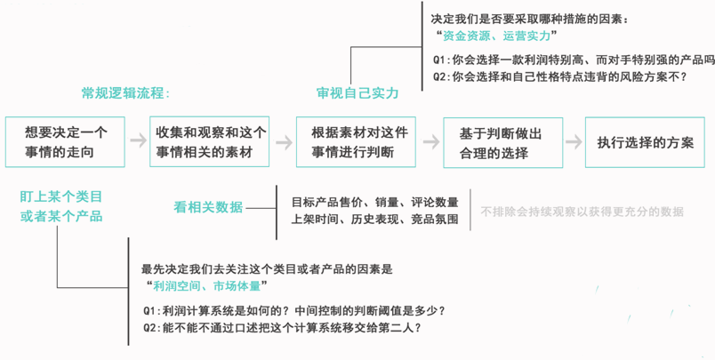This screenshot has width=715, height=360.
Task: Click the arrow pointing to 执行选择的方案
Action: click(574, 141)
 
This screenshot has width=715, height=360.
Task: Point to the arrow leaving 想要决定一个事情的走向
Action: click(138, 140)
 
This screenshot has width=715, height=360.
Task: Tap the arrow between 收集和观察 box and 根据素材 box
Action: click(284, 142)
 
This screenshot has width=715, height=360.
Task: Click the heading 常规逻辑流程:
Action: click(125, 93)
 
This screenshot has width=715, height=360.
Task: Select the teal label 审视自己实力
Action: click(357, 93)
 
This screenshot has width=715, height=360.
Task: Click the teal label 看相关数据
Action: click(208, 207)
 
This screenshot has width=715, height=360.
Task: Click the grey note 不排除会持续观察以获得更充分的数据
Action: click(582, 212)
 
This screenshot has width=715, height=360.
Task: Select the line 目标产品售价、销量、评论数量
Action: click(374, 202)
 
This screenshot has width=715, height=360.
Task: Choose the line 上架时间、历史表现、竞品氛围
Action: click(374, 220)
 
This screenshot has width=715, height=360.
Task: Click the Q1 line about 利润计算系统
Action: click(294, 311)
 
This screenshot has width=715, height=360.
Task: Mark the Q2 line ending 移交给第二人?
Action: click(282, 328)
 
